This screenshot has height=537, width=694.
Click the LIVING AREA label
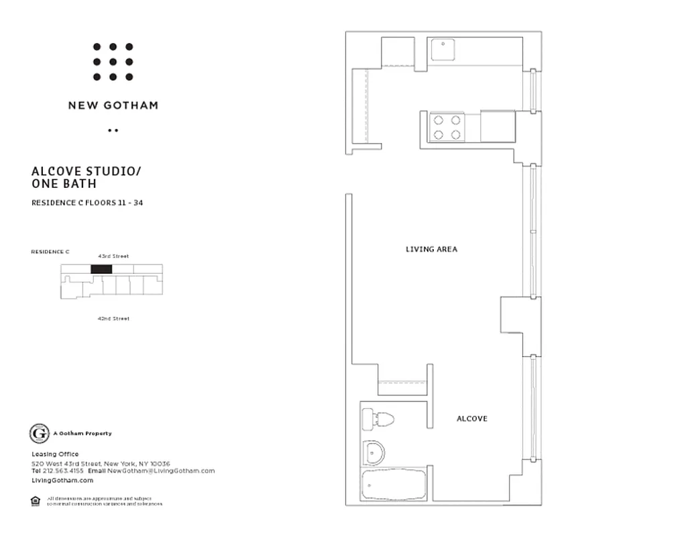(431, 249)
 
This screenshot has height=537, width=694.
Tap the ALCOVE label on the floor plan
(472, 419)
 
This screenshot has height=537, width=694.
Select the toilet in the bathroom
(377, 420)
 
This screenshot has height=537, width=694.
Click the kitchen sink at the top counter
(443, 50)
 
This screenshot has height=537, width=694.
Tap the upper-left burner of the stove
(439, 120)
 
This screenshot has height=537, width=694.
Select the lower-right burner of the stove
(456, 134)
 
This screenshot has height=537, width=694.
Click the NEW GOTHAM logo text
(113, 105)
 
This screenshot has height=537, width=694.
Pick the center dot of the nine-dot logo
(113, 62)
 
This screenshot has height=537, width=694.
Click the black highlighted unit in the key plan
(101, 269)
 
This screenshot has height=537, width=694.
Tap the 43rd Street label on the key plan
(113, 256)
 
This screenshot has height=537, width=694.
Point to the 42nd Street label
(113, 319)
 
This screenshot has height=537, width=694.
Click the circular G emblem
(40, 434)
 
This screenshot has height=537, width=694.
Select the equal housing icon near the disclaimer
(35, 500)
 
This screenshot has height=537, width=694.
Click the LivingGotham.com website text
(62, 481)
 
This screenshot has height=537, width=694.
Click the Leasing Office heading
(55, 454)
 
